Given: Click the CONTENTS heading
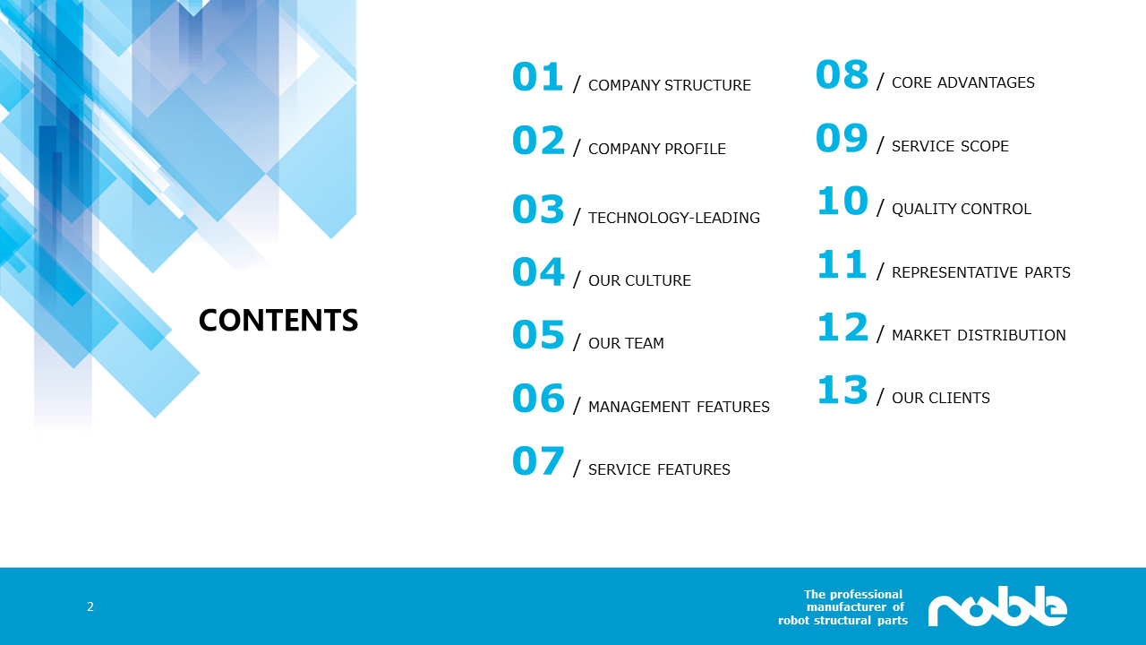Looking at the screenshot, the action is click(278, 321).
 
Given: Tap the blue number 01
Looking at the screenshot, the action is click(538, 77).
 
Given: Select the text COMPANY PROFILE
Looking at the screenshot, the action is click(657, 149).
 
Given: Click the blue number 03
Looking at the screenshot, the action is click(538, 210).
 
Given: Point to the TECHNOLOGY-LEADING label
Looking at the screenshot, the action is click(674, 218).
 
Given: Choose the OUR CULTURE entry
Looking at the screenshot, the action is click(639, 280).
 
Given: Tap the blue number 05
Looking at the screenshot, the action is click(538, 335).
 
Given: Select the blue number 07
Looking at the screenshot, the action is click(538, 460).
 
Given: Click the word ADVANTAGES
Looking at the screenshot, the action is click(986, 82).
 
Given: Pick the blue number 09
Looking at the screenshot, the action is click(842, 138).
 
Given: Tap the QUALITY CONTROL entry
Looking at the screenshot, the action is click(962, 209).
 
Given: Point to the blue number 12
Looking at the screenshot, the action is click(842, 327).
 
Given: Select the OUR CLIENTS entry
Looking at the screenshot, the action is click(941, 398).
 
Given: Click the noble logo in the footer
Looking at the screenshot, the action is click(997, 606).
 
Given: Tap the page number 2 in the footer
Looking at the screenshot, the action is click(90, 606).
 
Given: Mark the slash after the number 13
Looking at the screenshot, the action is click(880, 396).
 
